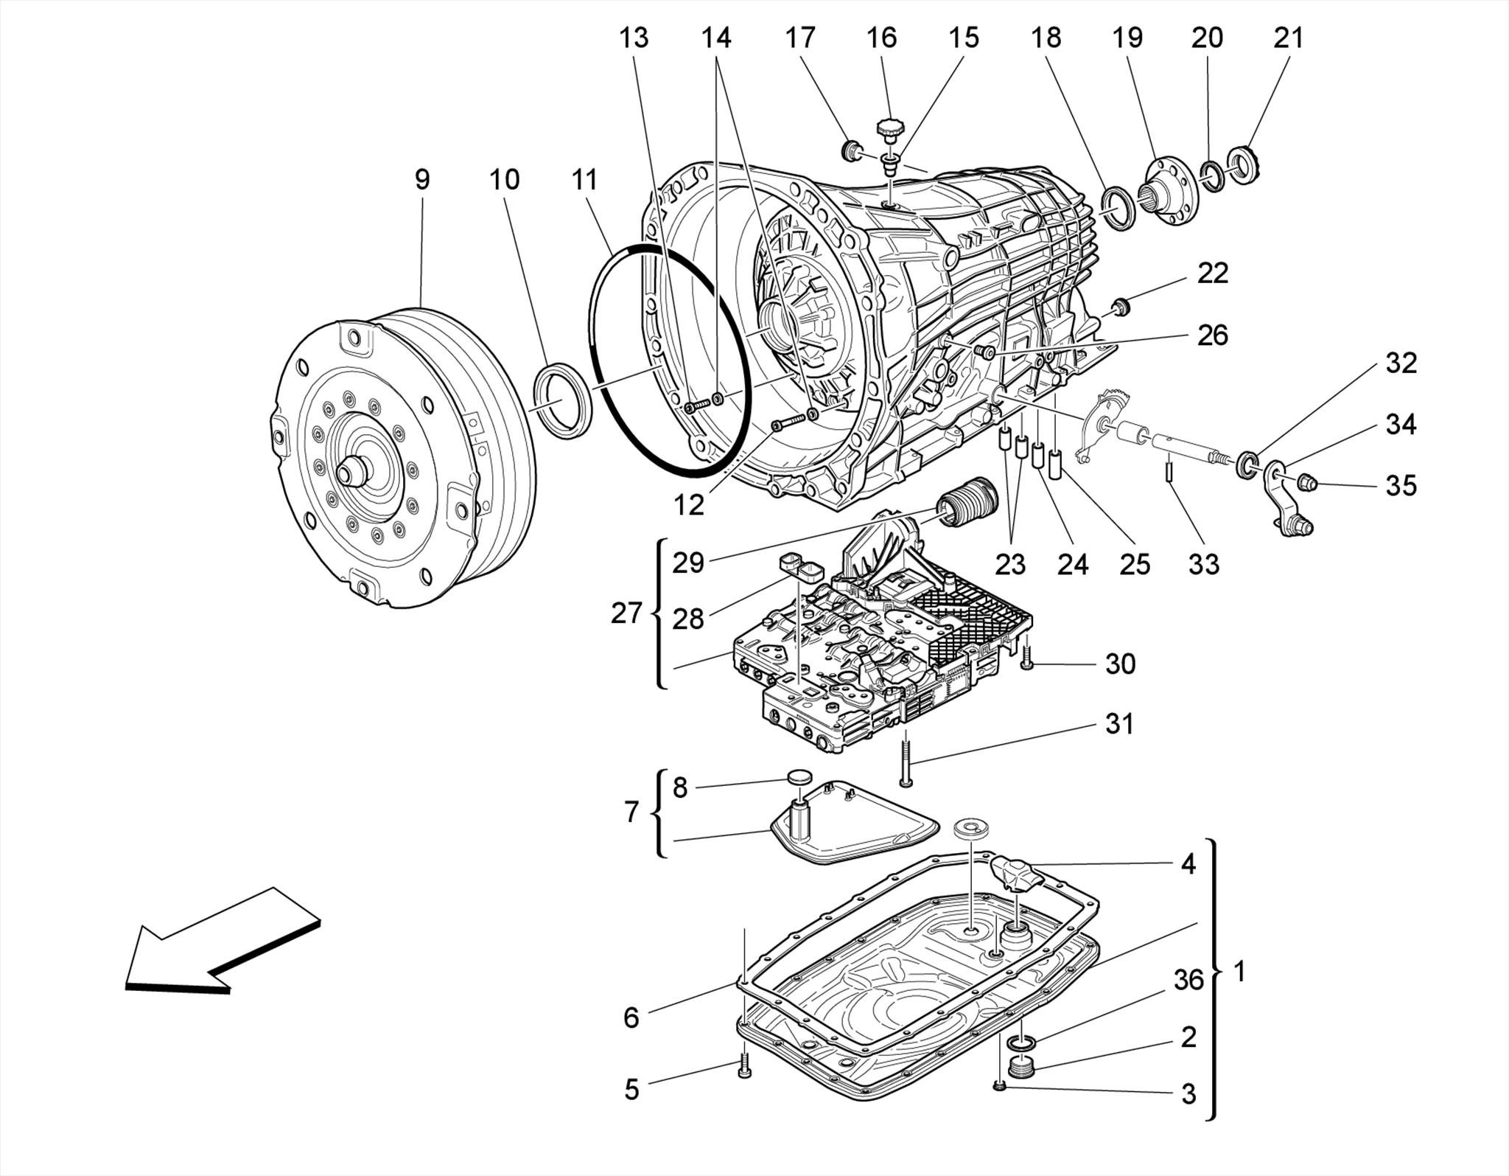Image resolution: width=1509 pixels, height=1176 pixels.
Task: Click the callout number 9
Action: pyautogui.click(x=421, y=179)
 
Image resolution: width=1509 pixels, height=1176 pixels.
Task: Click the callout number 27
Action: pyautogui.click(x=626, y=613)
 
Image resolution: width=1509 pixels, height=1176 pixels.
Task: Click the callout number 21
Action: pyautogui.click(x=1289, y=38)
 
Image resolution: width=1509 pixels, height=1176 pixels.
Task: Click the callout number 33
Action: pyautogui.click(x=1203, y=565)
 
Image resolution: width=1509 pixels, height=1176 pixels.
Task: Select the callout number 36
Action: pyautogui.click(x=1188, y=980)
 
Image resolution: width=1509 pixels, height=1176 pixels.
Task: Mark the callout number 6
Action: pyautogui.click(x=631, y=1017)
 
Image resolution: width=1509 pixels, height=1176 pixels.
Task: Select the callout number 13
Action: pyautogui.click(x=633, y=38)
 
